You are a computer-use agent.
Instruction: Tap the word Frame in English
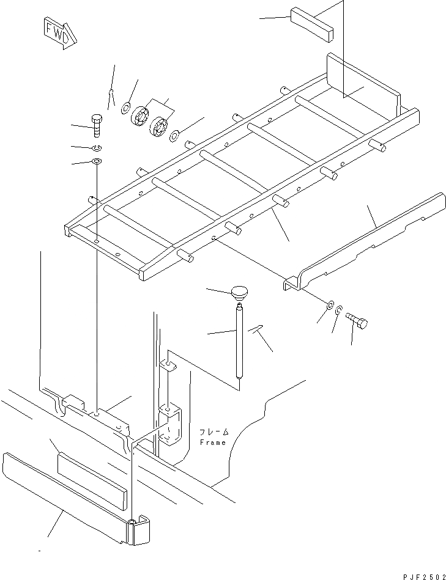pyautogui.click(x=212, y=442)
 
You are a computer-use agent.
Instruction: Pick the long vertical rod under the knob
pyautogui.click(x=239, y=342)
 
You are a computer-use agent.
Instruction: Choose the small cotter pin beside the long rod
pyautogui.click(x=257, y=330)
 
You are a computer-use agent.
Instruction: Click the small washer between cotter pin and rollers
pyautogui.click(x=125, y=109)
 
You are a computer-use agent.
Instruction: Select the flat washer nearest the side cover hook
pyautogui.click(x=330, y=305)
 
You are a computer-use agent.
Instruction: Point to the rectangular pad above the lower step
pyautogui.click(x=92, y=474)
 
